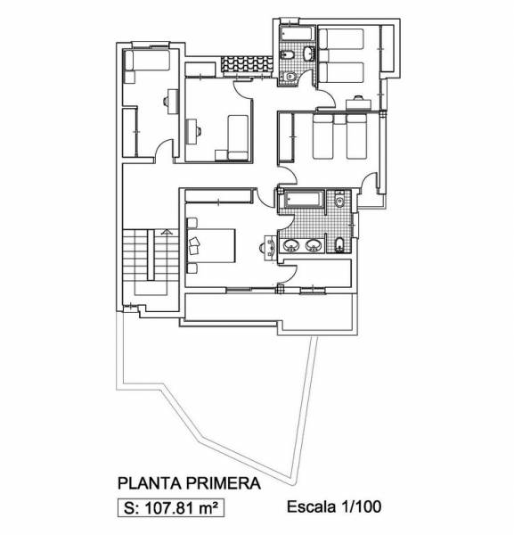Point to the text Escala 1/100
click(334, 506)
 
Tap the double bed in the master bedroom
click(211, 246)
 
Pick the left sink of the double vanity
click(291, 245)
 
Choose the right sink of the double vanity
click(314, 245)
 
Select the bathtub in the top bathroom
click(298, 34)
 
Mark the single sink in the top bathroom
click(309, 53)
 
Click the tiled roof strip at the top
click(246, 64)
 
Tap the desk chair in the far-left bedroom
click(166, 101)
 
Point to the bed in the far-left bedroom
click(147, 60)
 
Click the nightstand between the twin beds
click(339, 119)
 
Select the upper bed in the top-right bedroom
click(341, 39)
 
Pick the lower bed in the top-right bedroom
click(341, 72)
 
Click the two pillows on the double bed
click(194, 246)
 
